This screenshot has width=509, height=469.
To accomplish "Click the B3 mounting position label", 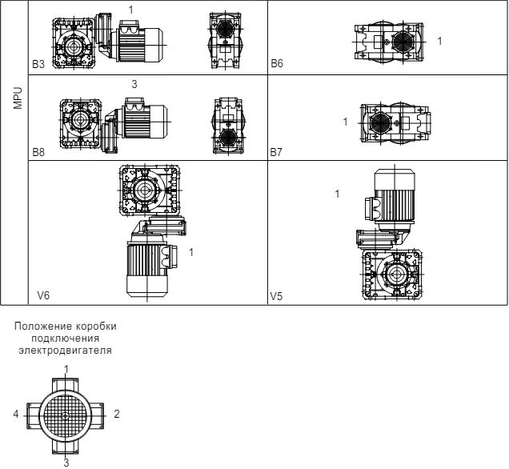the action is click(38, 64).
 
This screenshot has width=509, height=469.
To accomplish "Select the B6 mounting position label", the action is click(277, 63).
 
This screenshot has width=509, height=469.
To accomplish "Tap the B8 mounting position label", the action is click(38, 152).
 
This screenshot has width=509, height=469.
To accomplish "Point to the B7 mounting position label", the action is click(276, 152).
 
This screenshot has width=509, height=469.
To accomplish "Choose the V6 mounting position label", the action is click(43, 295).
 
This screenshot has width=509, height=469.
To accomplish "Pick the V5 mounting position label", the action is click(276, 296).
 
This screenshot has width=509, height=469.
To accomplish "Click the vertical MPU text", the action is click(18, 98).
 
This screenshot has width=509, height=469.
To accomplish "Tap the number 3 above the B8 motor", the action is click(134, 84).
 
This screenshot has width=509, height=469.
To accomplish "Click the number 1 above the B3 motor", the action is click(130, 10).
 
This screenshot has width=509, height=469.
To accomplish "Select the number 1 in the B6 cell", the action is click(439, 41).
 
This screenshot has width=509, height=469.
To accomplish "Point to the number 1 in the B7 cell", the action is click(345, 122).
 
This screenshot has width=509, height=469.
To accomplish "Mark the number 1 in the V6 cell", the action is click(191, 252).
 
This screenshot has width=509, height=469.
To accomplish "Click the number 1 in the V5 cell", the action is click(337, 194).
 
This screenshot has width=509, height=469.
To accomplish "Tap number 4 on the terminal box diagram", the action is click(16, 414).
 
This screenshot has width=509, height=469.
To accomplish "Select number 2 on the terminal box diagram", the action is click(117, 414).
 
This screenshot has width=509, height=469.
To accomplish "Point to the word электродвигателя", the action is click(66, 351).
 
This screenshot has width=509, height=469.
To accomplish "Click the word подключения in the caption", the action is click(66, 339).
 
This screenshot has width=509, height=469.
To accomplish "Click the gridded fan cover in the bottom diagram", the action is click(66, 415).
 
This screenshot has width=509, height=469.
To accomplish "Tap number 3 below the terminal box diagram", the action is click(66, 463).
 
